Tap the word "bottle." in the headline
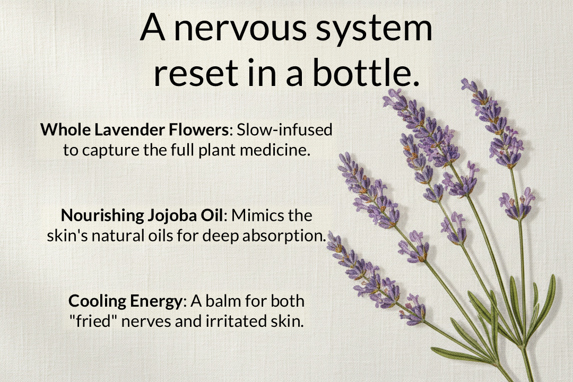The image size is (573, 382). click(x=365, y=74)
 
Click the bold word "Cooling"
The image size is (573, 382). click(x=96, y=301)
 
